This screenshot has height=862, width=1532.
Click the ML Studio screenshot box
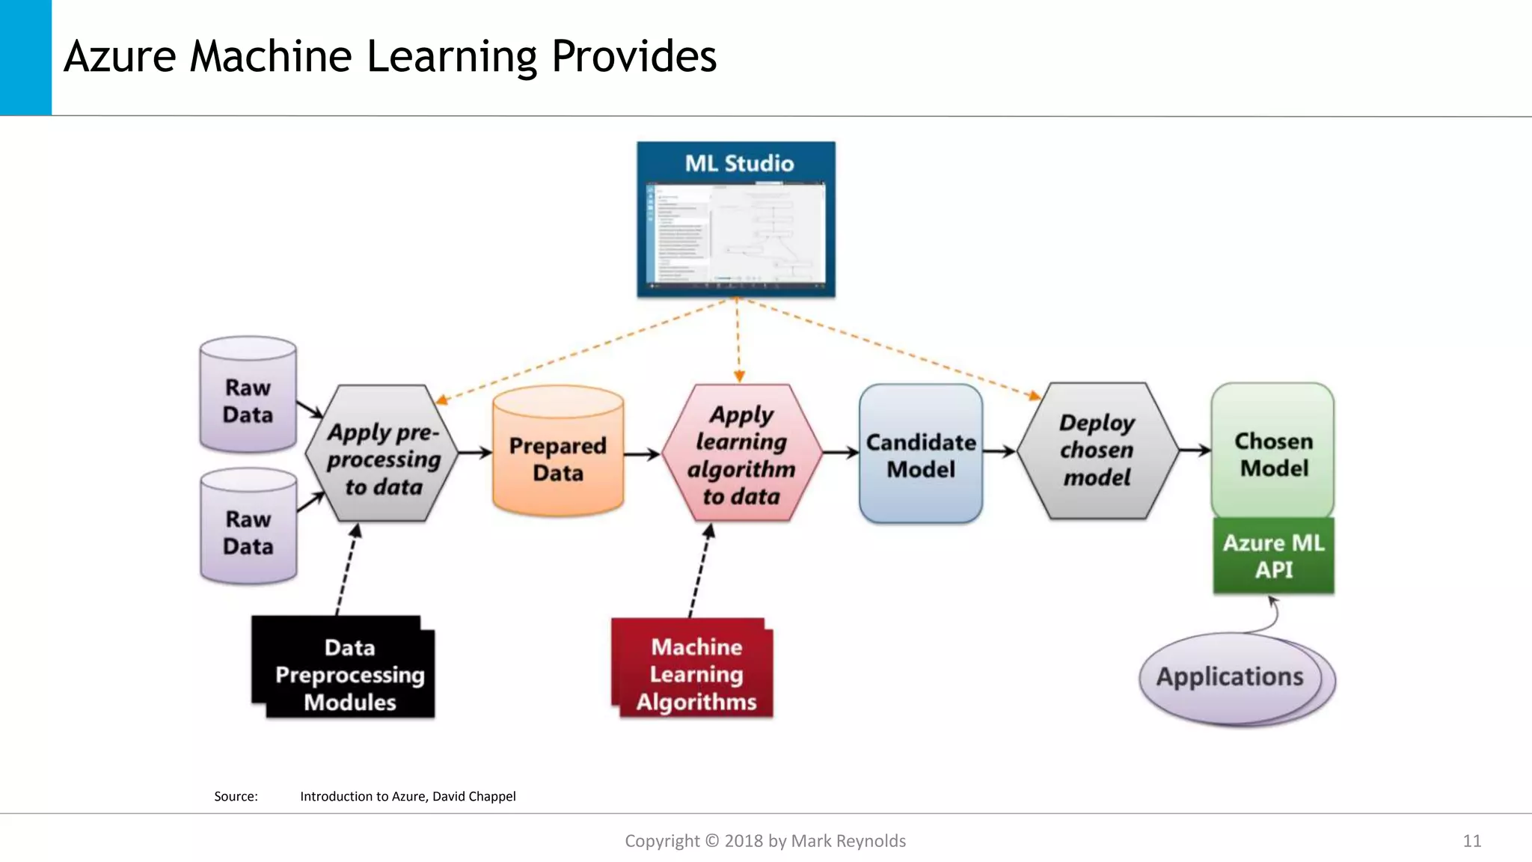[x=736, y=219]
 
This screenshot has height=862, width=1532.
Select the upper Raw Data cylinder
[x=248, y=395]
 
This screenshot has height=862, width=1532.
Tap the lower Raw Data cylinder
[x=248, y=527]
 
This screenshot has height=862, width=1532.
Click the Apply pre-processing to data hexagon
[x=382, y=454]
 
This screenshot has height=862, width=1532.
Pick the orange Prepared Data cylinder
[x=558, y=452]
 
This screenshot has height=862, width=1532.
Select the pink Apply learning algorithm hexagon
[x=741, y=453]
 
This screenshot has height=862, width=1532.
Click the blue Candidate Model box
[x=921, y=454]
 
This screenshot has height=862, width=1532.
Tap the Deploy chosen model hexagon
[x=1097, y=450]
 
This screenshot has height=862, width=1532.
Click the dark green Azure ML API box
[x=1273, y=556]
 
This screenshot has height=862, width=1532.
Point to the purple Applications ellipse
[x=1231, y=677]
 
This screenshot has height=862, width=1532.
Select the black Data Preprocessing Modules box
[x=344, y=668]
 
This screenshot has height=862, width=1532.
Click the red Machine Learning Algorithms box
[x=693, y=668]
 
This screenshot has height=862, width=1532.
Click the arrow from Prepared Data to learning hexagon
[x=642, y=453]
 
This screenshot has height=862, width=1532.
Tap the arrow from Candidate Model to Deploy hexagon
[x=999, y=451]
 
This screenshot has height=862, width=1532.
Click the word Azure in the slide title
[x=120, y=57]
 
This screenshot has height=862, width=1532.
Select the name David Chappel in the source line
[x=474, y=796]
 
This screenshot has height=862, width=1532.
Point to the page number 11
[x=1471, y=841]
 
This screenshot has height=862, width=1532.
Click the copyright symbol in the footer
[x=712, y=841]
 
